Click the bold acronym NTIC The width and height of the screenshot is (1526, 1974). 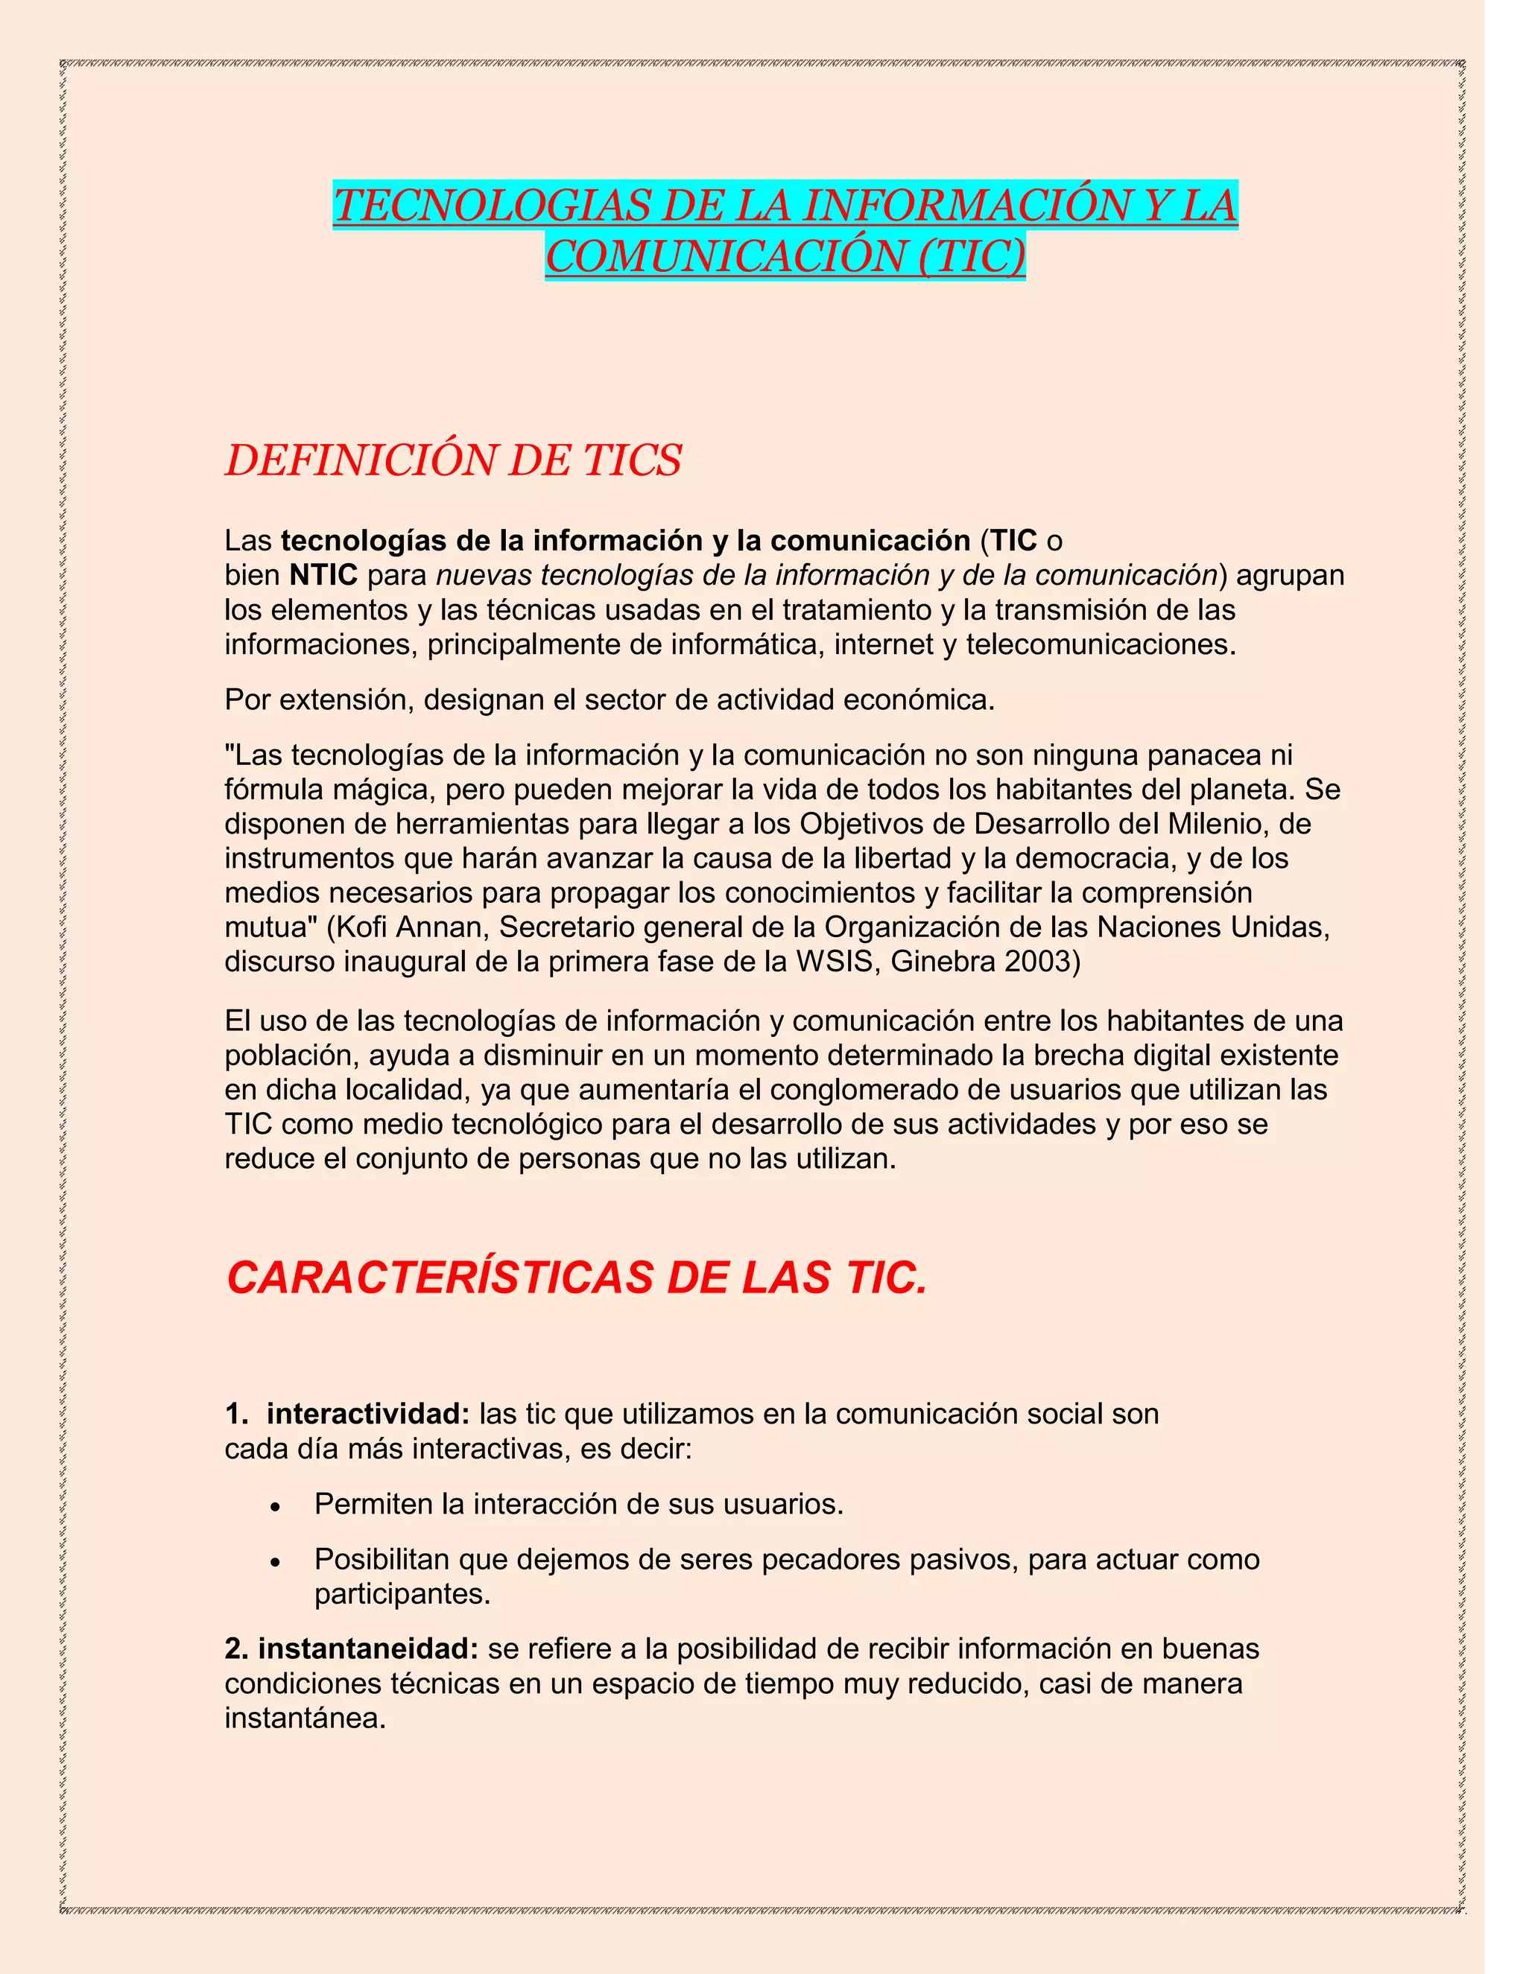click(323, 575)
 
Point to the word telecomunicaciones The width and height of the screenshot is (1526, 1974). click(1099, 644)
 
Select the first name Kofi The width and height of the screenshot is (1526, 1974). click(360, 927)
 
